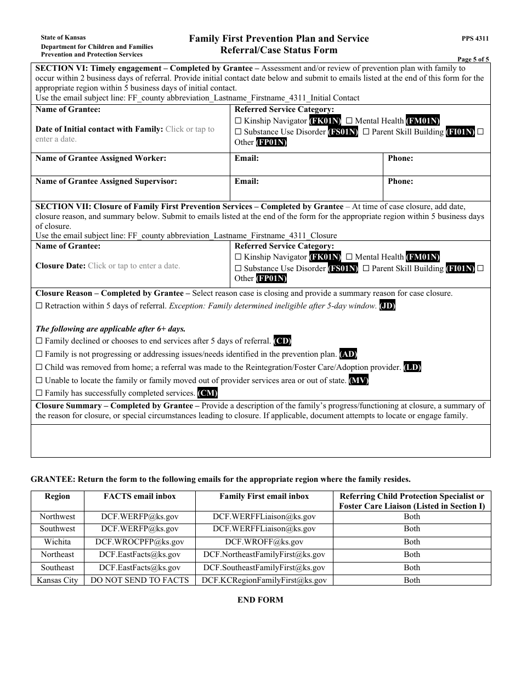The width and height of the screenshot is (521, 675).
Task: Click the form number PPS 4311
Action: click(475, 39)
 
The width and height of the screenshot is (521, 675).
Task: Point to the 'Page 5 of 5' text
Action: click(473, 59)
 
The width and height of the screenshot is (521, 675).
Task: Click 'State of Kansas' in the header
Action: click(63, 38)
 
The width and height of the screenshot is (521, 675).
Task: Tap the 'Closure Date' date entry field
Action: click(134, 266)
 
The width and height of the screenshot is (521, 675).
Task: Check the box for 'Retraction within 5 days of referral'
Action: click(39, 306)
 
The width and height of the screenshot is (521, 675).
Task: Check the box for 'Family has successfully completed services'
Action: click(39, 393)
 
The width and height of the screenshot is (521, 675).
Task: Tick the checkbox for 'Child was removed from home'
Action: click(39, 367)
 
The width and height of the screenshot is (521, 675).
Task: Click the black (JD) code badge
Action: click(387, 306)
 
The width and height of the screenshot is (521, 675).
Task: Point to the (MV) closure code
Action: click(359, 380)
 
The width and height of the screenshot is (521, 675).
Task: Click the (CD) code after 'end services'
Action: click(282, 341)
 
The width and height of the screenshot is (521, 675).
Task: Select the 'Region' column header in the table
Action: click(58, 496)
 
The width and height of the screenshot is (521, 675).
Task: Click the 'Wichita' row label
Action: click(58, 542)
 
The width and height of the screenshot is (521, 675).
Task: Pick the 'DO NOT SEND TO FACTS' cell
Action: click(140, 580)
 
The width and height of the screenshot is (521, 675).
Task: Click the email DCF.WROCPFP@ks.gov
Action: click(140, 542)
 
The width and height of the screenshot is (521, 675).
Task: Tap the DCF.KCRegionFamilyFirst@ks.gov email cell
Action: click(264, 580)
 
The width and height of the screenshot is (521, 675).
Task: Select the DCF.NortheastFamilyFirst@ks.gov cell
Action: click(264, 554)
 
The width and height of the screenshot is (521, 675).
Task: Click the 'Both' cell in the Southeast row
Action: click(412, 567)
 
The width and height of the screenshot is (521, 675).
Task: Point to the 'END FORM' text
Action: click(260, 600)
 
